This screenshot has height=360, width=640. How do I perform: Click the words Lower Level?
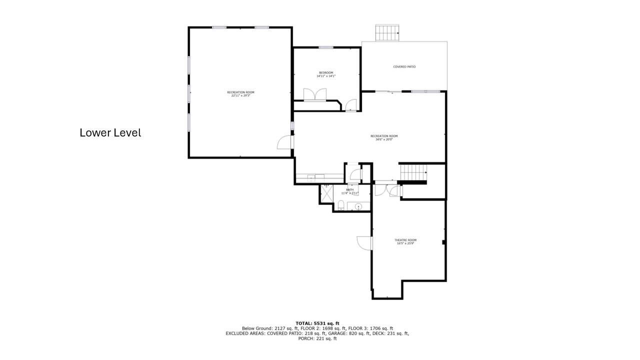(x=110, y=133)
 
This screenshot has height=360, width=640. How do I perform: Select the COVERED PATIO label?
(x=404, y=66)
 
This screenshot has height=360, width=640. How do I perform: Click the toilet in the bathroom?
(x=340, y=204)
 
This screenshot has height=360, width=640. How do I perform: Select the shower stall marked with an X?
(x=326, y=194)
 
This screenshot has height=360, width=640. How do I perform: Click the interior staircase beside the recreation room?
(x=413, y=172)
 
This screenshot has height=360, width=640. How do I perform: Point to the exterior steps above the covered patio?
(x=387, y=32)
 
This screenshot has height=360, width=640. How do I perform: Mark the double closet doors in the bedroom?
(x=315, y=94)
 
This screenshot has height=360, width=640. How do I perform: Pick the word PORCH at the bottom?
(x=306, y=338)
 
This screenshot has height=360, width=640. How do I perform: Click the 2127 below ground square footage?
(x=279, y=328)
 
